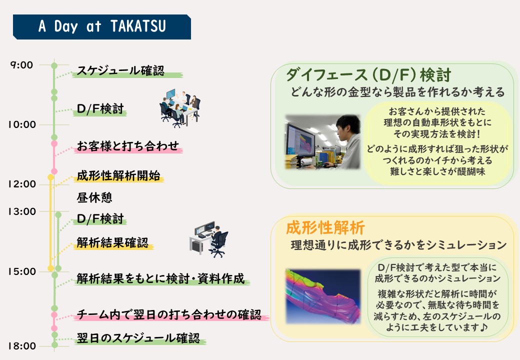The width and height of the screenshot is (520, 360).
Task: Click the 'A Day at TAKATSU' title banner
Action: [x=102, y=27]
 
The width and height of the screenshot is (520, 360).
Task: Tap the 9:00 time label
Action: [x=22, y=65]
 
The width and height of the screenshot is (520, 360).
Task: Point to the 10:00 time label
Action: [x=22, y=124]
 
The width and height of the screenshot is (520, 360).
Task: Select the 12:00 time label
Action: [x=22, y=184]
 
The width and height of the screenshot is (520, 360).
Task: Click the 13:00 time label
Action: [x=22, y=211]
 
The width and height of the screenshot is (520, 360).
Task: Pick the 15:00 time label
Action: [x=22, y=271]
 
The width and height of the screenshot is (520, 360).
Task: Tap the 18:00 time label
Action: [x=22, y=346]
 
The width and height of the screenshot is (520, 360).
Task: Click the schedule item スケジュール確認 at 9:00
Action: [x=120, y=70]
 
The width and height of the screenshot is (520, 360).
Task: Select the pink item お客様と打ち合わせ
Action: [x=128, y=146]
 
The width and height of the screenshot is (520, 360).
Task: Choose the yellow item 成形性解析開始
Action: [x=118, y=175]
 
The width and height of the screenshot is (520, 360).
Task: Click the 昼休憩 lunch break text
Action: [x=94, y=197]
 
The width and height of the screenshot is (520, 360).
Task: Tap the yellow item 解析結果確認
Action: [x=113, y=242]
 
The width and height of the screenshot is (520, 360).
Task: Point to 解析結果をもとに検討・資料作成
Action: [x=161, y=278]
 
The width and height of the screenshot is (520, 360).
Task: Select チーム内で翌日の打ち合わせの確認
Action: [x=169, y=314]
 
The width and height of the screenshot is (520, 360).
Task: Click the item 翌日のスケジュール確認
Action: [x=138, y=338]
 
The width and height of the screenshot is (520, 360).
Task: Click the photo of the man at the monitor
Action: [x=322, y=142]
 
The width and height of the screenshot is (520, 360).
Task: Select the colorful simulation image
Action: [x=323, y=296]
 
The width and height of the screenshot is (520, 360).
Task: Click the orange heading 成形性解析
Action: [x=325, y=227]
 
